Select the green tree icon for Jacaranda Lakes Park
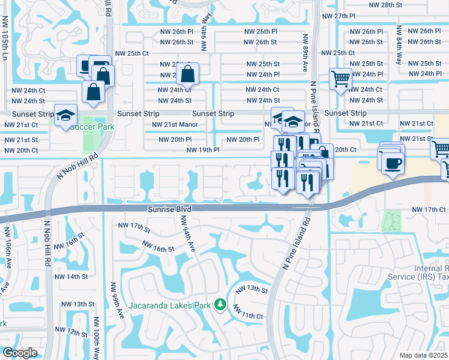(221, 305)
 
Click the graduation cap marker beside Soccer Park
(65, 115)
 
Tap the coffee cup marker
(393, 163)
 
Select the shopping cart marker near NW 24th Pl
(340, 78)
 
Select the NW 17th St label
(133, 226)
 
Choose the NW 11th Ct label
(248, 314)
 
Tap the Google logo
(20, 353)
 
